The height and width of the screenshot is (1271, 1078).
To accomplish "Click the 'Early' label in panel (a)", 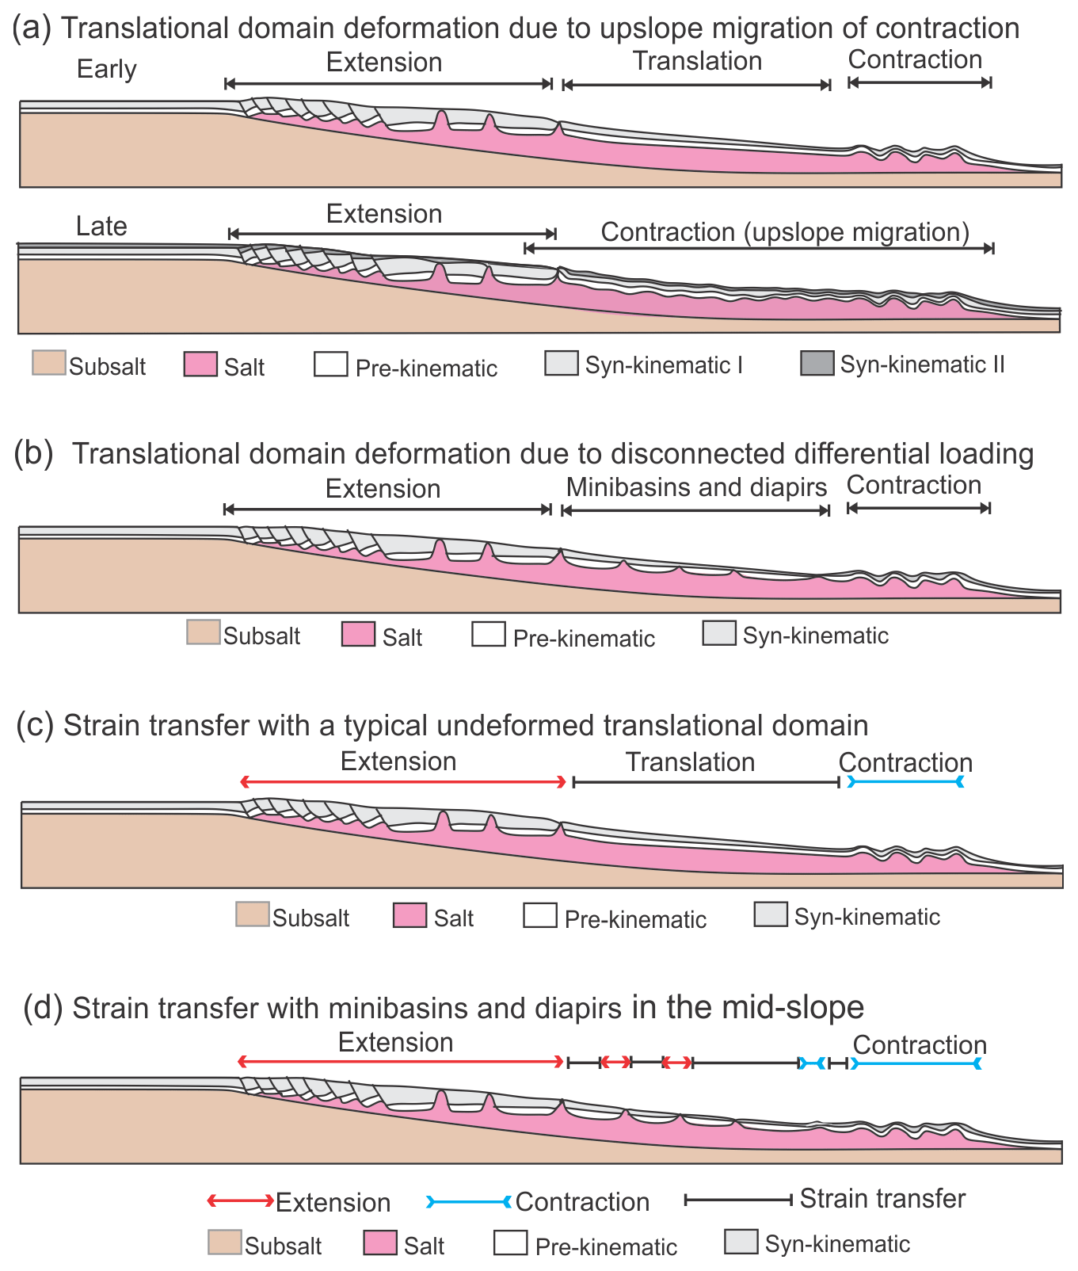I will pos(106,70).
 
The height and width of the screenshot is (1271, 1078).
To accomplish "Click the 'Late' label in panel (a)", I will pos(101,227).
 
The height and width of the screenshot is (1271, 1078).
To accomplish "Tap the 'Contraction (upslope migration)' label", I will pos(785,232).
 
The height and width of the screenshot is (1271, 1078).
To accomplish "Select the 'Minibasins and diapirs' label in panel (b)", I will pos(696,487).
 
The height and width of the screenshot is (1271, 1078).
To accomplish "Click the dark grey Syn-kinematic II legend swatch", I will pos(817,363).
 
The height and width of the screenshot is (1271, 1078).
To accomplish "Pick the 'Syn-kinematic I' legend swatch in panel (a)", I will pos(561,363).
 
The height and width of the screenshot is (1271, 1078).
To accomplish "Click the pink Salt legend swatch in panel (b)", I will pos(358,635).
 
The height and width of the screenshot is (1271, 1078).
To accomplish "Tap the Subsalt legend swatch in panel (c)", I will pos(252,914).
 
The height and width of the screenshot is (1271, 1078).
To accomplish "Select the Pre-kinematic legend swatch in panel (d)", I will pos(510,1242).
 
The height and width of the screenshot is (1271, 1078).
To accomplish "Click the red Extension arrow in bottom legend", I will pos(240,1201).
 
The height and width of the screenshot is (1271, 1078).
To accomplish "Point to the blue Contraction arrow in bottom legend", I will pos(469,1202).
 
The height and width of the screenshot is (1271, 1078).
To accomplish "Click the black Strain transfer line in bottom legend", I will pos(738,1200).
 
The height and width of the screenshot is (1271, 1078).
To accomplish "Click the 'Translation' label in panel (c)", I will pos(690,762).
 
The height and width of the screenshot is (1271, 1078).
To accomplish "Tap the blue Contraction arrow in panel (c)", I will pos(905,782).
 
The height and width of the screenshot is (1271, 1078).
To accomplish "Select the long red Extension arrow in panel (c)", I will pos(403,782).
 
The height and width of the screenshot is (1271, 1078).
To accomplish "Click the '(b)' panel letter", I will pos(33,453).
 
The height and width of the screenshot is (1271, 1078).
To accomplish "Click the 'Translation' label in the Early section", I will pos(697,61).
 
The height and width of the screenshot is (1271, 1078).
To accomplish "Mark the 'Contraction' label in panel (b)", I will pos(914,485).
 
